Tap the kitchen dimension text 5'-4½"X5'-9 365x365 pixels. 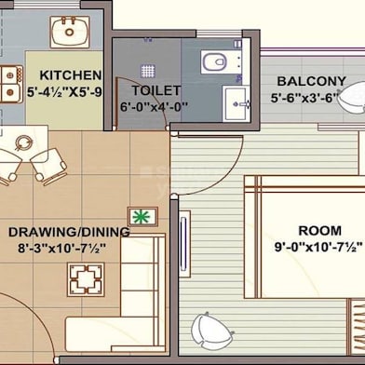pos(65,92)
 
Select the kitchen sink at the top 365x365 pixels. pos(67,33)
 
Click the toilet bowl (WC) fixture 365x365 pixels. pos(213,61)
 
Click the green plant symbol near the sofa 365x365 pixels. pos(142,217)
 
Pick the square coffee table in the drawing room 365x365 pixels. pos(86,277)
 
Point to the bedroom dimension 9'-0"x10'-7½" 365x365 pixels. pos(317,248)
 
